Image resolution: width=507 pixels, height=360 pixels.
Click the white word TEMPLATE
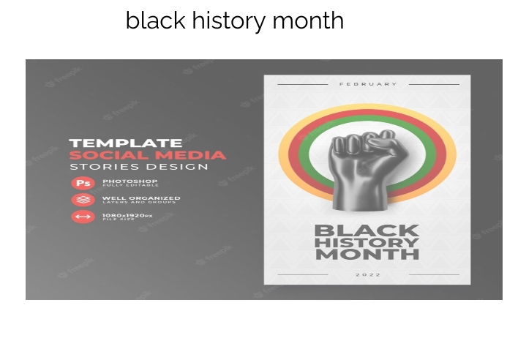click(x=125, y=143)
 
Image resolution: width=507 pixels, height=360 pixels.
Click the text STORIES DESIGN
click(x=139, y=167)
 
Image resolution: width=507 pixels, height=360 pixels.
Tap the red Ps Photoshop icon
click(x=82, y=183)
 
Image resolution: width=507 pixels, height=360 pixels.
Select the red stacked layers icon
click(x=82, y=199)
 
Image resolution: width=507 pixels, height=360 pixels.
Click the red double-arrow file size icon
click(x=82, y=217)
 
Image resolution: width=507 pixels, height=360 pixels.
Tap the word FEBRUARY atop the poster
click(x=367, y=84)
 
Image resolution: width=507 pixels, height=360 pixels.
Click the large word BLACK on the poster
click(x=367, y=230)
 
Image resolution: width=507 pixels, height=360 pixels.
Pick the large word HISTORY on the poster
click(x=367, y=242)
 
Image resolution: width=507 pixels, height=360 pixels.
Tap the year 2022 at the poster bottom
click(x=367, y=274)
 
